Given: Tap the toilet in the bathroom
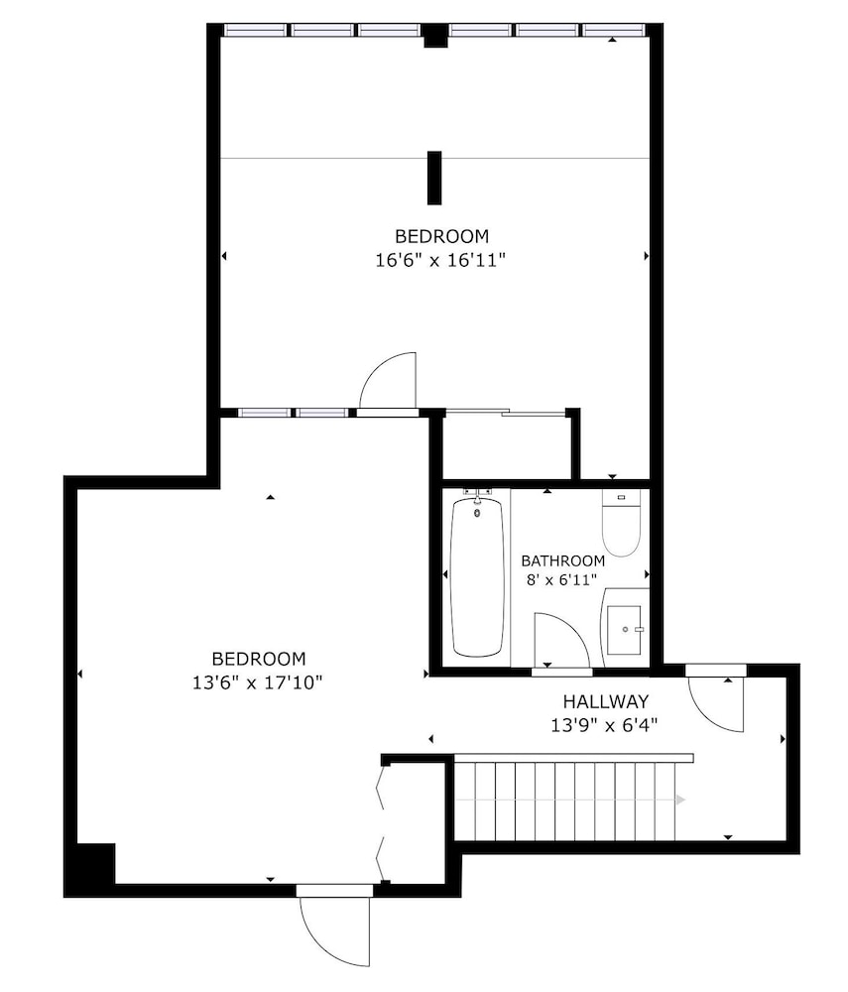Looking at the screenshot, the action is [x=621, y=523].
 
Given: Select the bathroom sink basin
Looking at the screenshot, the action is [x=624, y=630].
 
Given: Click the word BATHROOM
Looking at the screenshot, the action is [x=562, y=560].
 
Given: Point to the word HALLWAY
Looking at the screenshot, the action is [x=606, y=701].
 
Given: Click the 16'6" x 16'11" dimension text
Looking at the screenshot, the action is [x=440, y=260].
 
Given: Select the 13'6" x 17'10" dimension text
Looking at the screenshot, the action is [x=258, y=682].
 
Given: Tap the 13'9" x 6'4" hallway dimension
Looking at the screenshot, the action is [x=605, y=725].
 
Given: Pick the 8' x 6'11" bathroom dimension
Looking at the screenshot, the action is [x=561, y=579].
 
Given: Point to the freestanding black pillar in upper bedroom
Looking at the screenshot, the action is [x=433, y=178].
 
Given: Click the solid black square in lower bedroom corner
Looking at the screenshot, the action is [x=95, y=864].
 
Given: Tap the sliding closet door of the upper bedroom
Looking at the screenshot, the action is [x=505, y=412].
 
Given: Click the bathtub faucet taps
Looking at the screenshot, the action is [x=477, y=492].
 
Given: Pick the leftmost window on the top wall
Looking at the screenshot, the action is [x=256, y=30].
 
